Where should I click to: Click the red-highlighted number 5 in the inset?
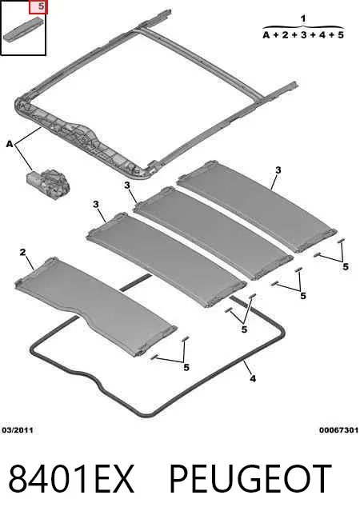click(x=40, y=6)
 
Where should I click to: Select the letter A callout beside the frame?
click(x=10, y=144)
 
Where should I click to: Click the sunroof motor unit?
click(x=48, y=183)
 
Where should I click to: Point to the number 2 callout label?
click(x=22, y=252)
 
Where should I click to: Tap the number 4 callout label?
click(x=253, y=378)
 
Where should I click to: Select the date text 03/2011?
click(x=18, y=430)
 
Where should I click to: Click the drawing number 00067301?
click(x=338, y=430)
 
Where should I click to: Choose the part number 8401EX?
click(x=70, y=479)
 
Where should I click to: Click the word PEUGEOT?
click(x=250, y=479)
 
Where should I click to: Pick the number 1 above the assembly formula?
click(x=303, y=18)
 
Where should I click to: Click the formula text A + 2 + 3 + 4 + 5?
click(x=303, y=34)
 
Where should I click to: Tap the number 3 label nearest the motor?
click(x=96, y=204)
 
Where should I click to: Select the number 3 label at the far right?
click(x=278, y=170)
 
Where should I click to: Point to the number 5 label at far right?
click(x=346, y=266)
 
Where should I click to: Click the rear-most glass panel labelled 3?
click(x=256, y=206)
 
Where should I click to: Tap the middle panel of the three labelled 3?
click(x=213, y=233)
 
